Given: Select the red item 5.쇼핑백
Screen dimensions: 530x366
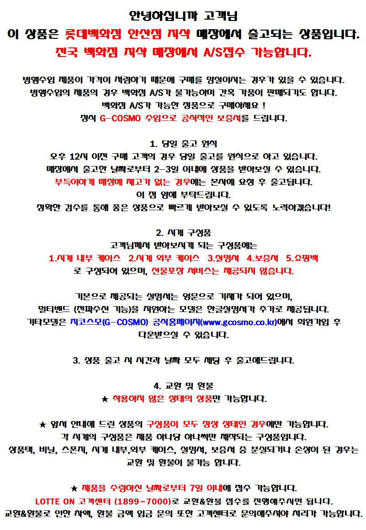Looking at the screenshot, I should pyautogui.click(x=302, y=258).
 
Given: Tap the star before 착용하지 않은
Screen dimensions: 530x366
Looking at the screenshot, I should pyautogui.click(x=104, y=399).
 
